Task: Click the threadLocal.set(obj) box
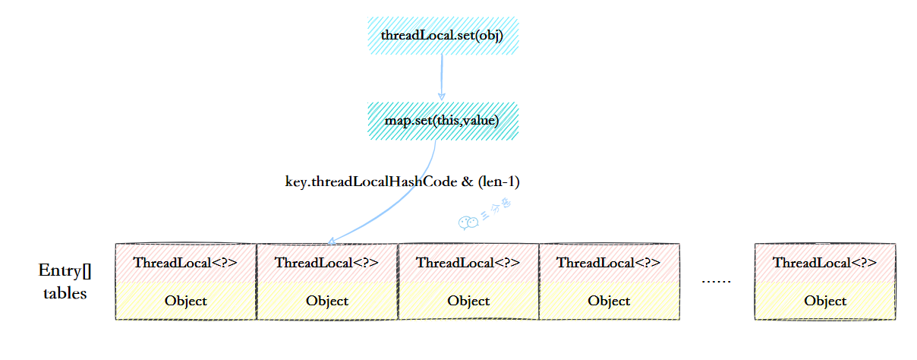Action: (x=442, y=35)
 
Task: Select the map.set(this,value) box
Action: (x=442, y=121)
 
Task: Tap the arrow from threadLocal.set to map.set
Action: (x=441, y=77)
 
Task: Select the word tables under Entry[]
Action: (x=65, y=293)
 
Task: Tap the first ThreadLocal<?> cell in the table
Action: (x=185, y=263)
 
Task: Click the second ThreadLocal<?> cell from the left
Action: (x=327, y=263)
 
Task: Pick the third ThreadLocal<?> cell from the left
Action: (x=468, y=263)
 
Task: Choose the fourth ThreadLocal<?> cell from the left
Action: (x=609, y=263)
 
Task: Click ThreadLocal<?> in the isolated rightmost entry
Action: (x=825, y=263)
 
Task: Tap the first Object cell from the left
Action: (x=185, y=301)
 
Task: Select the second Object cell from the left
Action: (x=327, y=301)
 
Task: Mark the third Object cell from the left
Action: (x=468, y=301)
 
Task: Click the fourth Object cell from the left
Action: (x=609, y=301)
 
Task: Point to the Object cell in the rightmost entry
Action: (x=825, y=301)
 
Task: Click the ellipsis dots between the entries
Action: (x=716, y=282)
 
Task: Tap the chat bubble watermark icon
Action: (x=468, y=222)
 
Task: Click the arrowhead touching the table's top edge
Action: (x=332, y=242)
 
